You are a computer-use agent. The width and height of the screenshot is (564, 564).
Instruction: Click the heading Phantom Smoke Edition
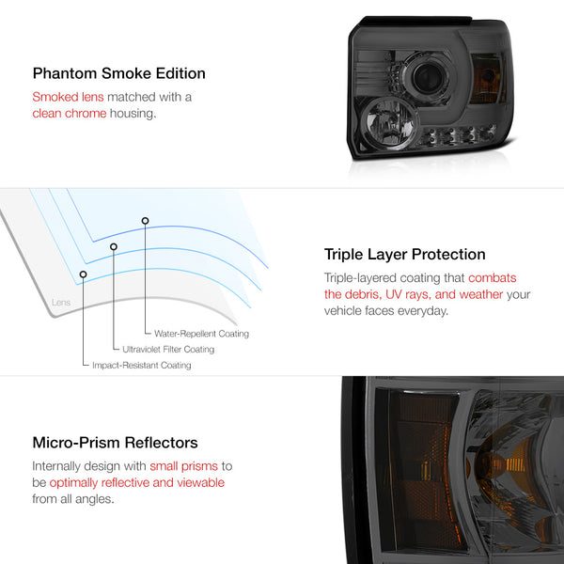coord(119,73)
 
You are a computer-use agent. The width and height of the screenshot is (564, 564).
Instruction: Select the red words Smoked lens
coord(68,97)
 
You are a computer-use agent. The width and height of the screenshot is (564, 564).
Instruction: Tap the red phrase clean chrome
coord(70,114)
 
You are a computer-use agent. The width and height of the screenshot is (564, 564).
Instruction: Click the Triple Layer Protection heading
coord(404,255)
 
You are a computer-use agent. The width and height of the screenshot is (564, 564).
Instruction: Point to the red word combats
coord(492,277)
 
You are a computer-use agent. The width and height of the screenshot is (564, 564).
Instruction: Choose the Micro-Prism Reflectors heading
coord(115,443)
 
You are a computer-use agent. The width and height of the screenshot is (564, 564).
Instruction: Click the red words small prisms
coord(184,466)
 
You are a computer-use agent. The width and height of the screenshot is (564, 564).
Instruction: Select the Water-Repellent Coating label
coord(201,334)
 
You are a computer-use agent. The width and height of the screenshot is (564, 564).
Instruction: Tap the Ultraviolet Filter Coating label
coord(168,350)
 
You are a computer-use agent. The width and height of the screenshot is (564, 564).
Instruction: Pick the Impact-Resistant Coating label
coord(142,365)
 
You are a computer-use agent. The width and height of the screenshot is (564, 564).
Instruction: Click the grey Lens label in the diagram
coord(61,302)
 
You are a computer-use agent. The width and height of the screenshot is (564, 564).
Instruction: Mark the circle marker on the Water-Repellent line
coord(145,221)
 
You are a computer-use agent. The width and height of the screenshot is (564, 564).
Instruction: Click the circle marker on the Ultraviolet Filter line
coord(114,246)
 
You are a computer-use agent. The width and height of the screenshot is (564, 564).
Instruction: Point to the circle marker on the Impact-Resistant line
coord(83,274)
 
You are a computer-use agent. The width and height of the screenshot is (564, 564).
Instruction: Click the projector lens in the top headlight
coord(427,77)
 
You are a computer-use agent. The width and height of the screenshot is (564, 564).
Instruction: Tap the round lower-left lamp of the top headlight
coord(389,123)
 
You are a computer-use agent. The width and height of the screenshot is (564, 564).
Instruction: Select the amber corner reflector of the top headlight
coord(486,79)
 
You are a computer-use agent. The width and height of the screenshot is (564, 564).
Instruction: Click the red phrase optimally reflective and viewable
coord(137,483)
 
